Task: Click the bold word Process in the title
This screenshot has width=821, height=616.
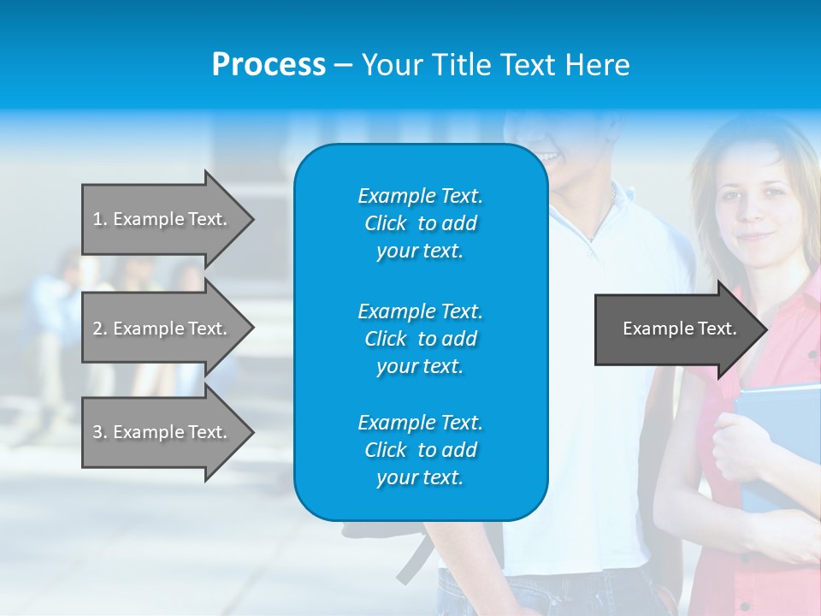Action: (x=269, y=65)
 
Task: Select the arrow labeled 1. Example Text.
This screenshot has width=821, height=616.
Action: (x=162, y=219)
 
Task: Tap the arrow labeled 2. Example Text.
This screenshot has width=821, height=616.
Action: (x=162, y=329)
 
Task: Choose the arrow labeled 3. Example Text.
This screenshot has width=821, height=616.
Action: (x=162, y=432)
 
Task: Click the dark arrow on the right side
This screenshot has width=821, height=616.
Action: (x=676, y=329)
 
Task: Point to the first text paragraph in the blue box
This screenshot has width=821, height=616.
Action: (x=420, y=223)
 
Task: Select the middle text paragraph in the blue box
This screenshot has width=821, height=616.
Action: (x=420, y=339)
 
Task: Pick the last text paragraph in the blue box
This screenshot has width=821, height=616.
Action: (x=420, y=450)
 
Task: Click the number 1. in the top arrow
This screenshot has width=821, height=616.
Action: (x=100, y=219)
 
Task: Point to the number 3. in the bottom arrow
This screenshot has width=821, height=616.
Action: (x=100, y=432)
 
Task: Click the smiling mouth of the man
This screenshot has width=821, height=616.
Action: (x=548, y=157)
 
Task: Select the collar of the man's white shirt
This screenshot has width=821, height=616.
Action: (x=599, y=222)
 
